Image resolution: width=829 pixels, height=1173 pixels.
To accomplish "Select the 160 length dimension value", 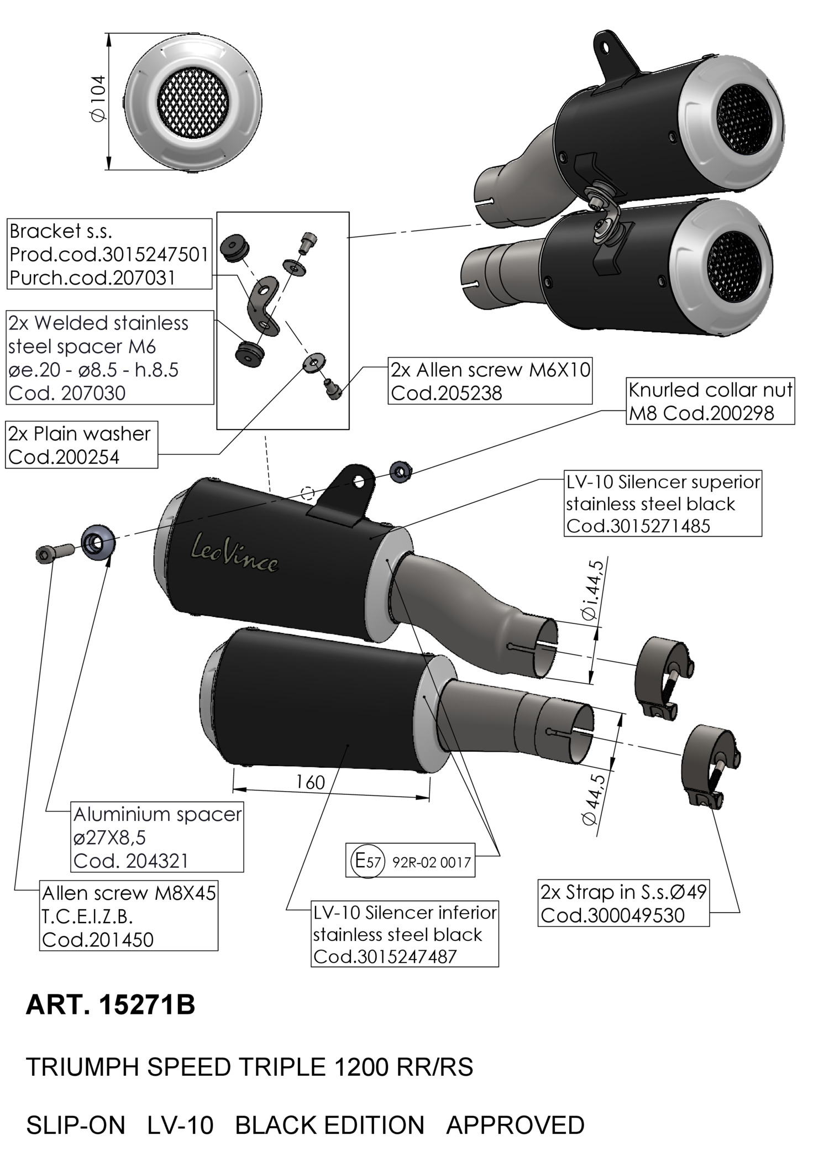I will pos(310,782).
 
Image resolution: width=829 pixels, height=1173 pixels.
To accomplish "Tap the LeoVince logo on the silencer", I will pos(234,554).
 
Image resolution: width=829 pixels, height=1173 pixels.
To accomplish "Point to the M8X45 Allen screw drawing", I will pos(53,552).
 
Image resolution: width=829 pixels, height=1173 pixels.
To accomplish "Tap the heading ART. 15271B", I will pos(111,1004).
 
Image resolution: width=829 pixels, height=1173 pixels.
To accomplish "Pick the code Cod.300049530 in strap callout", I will pos(612,915).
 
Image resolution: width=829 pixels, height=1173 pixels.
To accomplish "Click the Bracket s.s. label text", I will pos(61,231).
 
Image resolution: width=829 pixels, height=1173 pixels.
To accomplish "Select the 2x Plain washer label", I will pos(79,434).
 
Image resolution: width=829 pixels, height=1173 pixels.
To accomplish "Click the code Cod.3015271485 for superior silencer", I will pos(638,526).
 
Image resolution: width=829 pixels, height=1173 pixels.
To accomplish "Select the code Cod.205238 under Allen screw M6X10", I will pos(447,393).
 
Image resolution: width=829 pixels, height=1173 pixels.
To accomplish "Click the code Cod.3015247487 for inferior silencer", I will pos(385,956).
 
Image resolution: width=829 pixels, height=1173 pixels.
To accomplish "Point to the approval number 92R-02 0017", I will pos(431,862).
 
